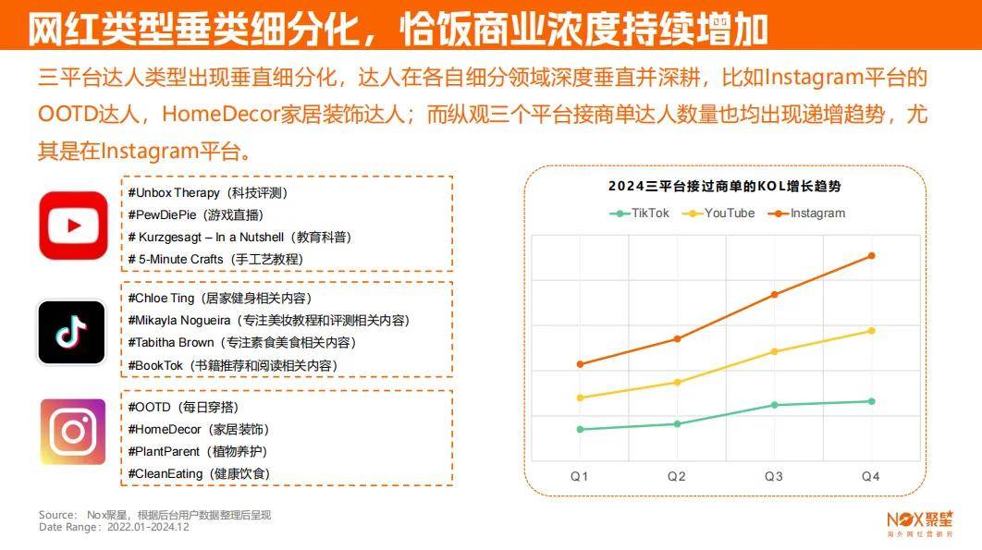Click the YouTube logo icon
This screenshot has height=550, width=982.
(73, 225)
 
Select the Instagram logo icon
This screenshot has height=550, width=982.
(73, 431)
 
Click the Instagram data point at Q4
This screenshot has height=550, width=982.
(871, 256)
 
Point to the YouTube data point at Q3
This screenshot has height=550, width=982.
(774, 351)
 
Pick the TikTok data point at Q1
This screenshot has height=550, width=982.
(580, 429)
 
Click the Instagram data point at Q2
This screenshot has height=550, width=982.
(677, 338)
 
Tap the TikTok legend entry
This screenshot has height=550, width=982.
(639, 213)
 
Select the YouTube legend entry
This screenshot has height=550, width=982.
(718, 213)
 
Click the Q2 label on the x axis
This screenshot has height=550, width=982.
(677, 476)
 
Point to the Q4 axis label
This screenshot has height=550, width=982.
(871, 476)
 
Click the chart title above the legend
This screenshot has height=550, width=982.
(724, 186)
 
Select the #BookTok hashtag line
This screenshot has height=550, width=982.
(232, 365)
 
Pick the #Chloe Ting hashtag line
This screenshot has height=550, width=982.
(220, 298)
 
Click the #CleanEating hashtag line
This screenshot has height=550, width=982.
(199, 473)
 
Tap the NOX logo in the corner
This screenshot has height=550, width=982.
(919, 522)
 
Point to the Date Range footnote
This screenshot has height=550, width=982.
(114, 527)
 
